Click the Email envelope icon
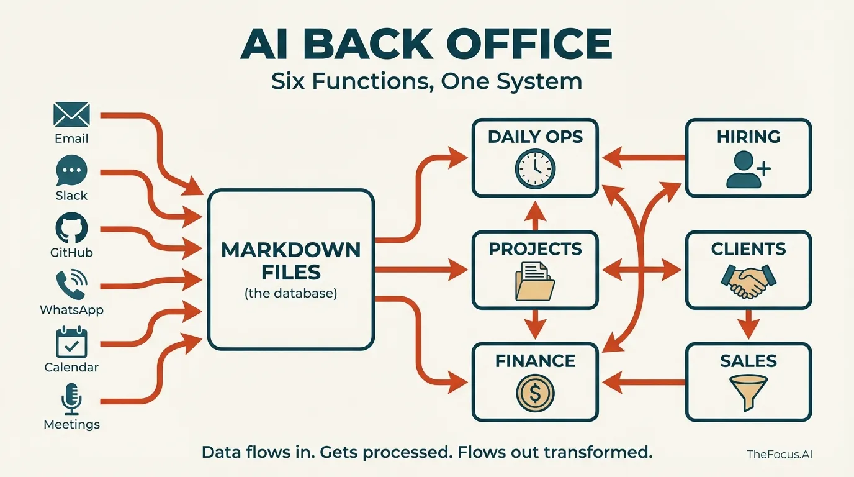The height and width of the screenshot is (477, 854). click(72, 115)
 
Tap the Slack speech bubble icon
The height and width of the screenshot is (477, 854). click(71, 171)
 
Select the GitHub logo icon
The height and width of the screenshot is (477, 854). click(71, 228)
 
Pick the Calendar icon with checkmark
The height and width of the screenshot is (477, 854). click(71, 342)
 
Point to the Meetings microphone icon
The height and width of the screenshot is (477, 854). click(71, 399)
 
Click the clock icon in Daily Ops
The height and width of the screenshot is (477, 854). click(535, 167)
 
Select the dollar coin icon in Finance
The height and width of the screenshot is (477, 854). click(535, 393)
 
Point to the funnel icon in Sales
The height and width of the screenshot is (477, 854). click(748, 392)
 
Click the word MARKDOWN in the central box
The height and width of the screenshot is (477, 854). click(290, 250)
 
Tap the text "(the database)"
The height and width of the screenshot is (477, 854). click(290, 293)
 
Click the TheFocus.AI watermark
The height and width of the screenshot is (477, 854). click(780, 454)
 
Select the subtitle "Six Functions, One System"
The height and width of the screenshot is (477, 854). click(426, 81)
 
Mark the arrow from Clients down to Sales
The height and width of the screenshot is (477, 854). click(748, 324)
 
